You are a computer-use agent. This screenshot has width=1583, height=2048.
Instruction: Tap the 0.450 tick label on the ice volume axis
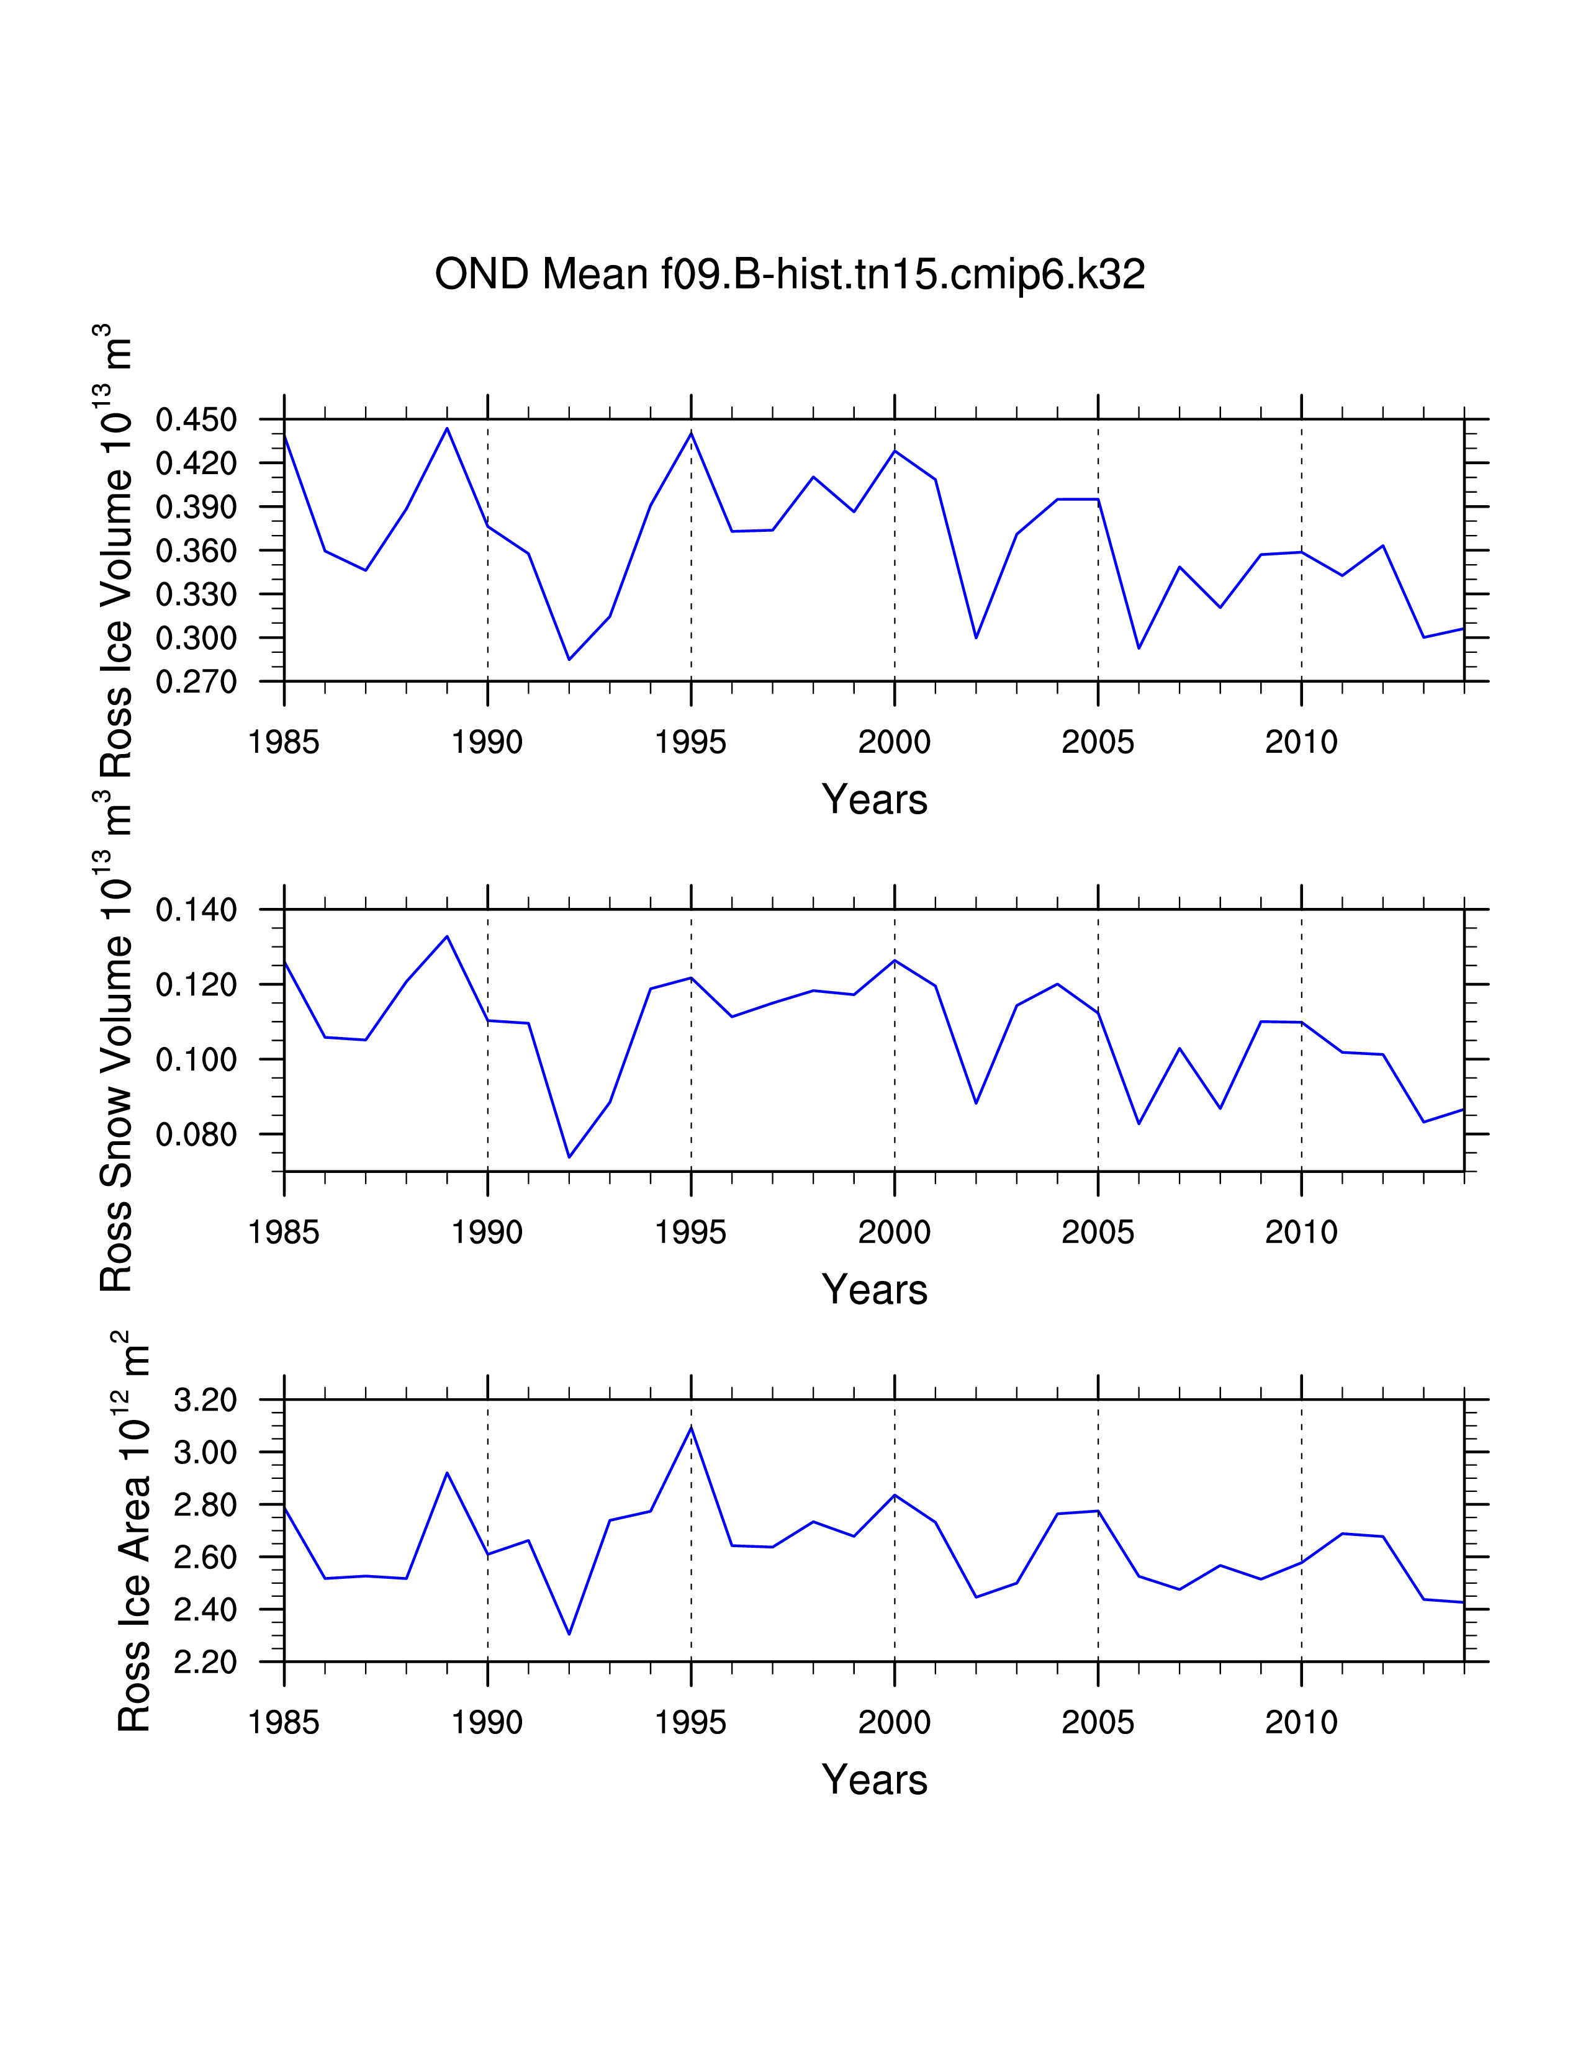point(196,420)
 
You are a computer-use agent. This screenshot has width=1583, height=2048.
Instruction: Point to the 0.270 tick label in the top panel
point(196,681)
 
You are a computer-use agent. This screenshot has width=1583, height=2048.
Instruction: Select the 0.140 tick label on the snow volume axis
point(196,910)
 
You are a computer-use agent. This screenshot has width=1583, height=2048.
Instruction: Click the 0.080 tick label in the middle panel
point(196,1134)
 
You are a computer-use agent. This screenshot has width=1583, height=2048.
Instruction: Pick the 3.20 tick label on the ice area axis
point(205,1401)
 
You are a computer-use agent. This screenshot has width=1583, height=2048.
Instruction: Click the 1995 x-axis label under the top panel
point(690,743)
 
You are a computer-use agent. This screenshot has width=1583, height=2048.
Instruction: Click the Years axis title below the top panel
point(874,800)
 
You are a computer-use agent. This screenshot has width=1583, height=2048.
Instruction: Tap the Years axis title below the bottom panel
point(874,1781)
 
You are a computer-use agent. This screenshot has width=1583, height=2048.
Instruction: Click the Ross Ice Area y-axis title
point(134,1538)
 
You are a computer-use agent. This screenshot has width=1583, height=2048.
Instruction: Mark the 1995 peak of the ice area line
point(691,1427)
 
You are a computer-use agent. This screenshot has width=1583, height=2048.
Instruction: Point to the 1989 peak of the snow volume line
point(448,936)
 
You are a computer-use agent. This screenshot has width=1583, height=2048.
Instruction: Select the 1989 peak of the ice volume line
point(448,429)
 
